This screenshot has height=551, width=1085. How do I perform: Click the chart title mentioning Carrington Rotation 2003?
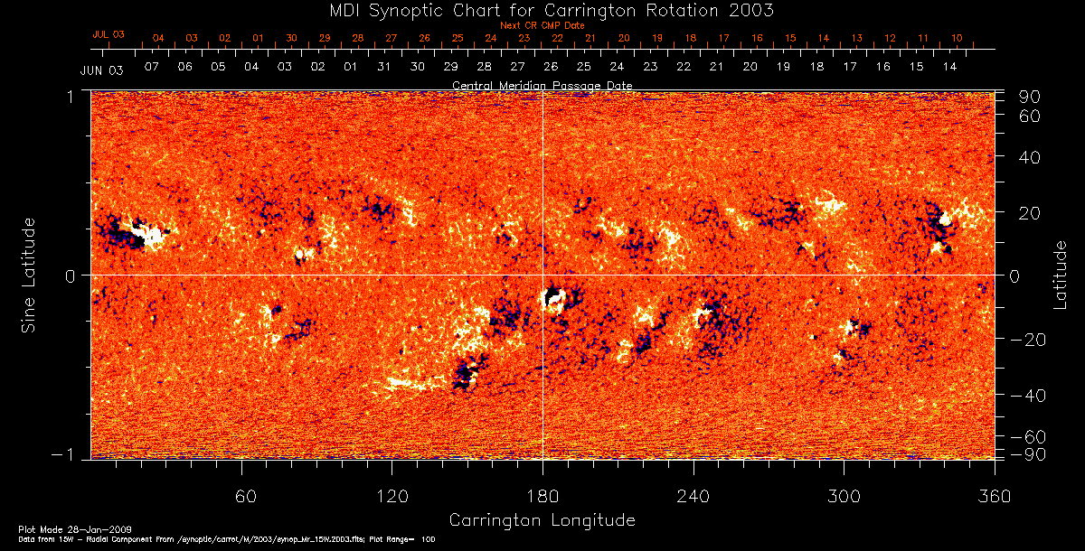542,10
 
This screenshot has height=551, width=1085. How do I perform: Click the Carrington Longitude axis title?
542,520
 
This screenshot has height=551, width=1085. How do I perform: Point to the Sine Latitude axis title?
30,275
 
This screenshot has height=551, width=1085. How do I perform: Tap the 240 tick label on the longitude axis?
693,496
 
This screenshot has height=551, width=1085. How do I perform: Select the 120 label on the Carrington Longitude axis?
392,496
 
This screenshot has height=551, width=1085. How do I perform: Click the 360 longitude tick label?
994,496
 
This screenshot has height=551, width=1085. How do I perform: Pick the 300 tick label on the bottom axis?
844,496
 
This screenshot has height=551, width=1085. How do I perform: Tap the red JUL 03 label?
108,34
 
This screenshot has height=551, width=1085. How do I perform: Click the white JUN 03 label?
101,70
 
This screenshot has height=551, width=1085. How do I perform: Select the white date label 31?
384,67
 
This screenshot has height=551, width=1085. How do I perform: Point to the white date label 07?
151,67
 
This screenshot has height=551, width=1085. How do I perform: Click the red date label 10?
957,38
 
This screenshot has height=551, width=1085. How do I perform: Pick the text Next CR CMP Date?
542,25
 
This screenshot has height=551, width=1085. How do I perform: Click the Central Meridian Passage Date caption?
542,85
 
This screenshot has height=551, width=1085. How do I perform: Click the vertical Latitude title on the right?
1060,275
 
